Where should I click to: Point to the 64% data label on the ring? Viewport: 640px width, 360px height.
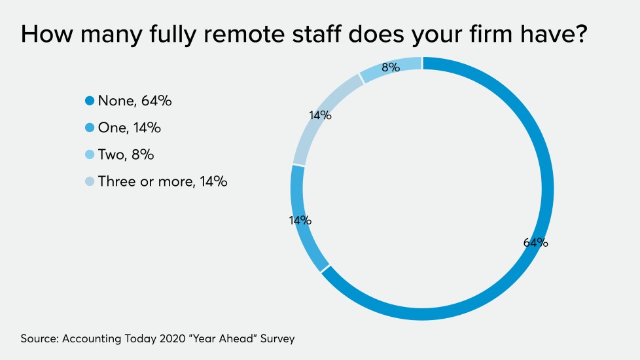tap(535, 243)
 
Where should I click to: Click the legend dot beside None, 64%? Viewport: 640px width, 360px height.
tap(90, 101)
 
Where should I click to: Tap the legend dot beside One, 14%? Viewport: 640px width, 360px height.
tap(90, 128)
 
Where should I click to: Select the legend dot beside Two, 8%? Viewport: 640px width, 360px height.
tap(90, 154)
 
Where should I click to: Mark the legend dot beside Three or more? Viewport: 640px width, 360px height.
tap(90, 181)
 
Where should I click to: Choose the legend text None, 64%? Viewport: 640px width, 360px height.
tap(134, 101)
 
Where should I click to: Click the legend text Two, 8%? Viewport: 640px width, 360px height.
tap(126, 154)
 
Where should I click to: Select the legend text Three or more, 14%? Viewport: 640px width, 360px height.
tap(162, 181)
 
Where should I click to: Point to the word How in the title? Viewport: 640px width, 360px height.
tap(45, 34)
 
